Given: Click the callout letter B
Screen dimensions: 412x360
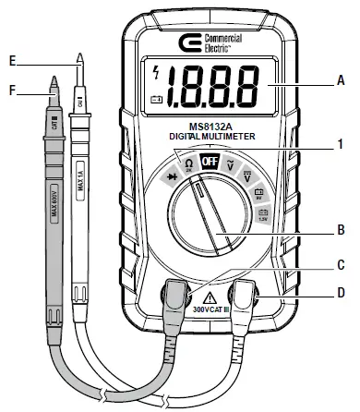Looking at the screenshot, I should point(341,227).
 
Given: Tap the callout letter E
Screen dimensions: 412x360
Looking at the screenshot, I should point(11,61).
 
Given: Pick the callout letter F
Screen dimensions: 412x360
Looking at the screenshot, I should point(11,89).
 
